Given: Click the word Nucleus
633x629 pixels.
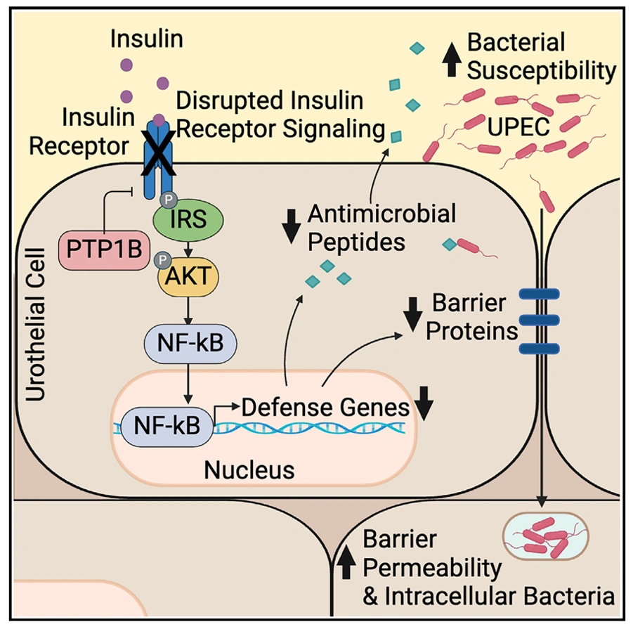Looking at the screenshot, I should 249,469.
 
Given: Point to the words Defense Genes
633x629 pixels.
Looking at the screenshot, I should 325,407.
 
